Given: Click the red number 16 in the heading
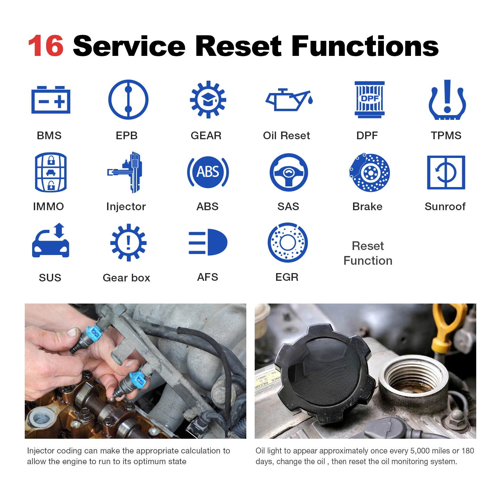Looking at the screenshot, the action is tap(46, 46).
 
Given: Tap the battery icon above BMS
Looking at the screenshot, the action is tap(51, 100).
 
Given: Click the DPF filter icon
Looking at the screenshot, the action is tap(369, 99).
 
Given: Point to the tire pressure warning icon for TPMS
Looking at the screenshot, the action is tap(447, 100).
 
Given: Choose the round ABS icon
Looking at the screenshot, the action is tap(208, 172).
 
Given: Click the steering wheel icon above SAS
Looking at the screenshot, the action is tap(288, 172).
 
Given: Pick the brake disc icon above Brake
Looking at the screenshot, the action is tap(369, 173).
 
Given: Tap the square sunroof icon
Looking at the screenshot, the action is tap(446, 172).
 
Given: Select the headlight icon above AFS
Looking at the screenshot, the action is tap(208, 242).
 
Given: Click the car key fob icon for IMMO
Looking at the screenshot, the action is tap(51, 172).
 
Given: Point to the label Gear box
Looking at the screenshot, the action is tap(127, 278).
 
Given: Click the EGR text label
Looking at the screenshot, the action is tap(287, 277).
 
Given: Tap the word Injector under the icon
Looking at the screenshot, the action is tap(126, 206).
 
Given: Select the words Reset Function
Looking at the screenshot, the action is tap(368, 253).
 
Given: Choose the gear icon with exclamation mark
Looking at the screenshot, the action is tap(128, 242).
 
